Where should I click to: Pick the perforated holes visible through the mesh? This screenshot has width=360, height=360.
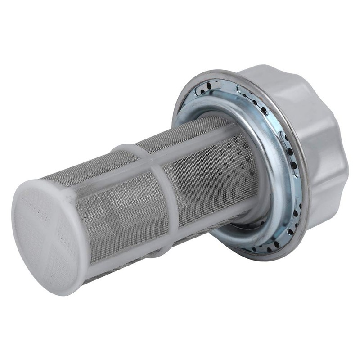tap(234, 162)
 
